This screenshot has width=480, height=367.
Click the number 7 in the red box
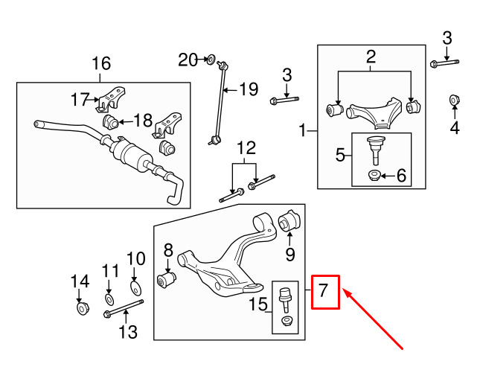pyautogui.click(x=323, y=292)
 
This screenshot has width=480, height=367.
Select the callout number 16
pyautogui.click(x=101, y=63)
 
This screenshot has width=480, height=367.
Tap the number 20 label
pyautogui.click(x=188, y=58)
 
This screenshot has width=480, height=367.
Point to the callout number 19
pyautogui.click(x=248, y=90)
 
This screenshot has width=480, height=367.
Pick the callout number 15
pyautogui.click(x=257, y=304)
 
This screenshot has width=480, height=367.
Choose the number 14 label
pyautogui.click(x=80, y=281)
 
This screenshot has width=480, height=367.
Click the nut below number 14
pyautogui.click(x=82, y=307)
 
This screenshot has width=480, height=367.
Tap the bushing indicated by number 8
pyautogui.click(x=167, y=280)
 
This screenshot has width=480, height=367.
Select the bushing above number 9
pyautogui.click(x=288, y=221)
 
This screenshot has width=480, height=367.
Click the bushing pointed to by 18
pyautogui.click(x=111, y=121)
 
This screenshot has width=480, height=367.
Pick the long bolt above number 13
pyautogui.click(x=123, y=307)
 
